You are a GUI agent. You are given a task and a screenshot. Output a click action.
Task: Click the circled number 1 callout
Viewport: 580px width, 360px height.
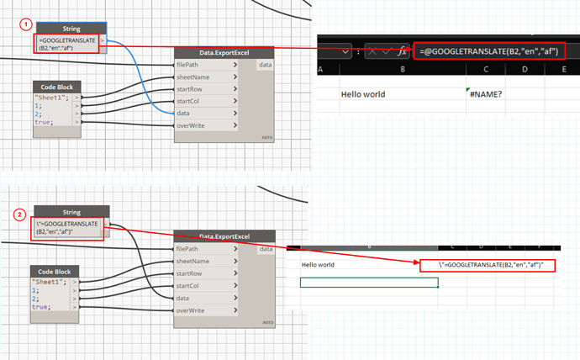coord(28,26)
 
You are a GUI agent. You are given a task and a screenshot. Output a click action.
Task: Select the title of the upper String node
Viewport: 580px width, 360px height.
coord(71,29)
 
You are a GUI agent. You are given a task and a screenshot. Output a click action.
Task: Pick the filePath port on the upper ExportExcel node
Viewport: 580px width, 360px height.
coord(187,64)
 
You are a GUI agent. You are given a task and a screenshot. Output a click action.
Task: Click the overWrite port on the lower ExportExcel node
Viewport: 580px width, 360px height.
coord(191,310)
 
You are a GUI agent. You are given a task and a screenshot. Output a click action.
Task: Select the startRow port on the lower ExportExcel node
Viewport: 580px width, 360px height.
coord(189,273)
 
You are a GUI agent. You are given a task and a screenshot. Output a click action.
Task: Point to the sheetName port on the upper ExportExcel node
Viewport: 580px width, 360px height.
coord(192,77)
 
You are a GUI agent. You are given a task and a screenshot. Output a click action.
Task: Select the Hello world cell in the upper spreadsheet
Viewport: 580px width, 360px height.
coord(363,94)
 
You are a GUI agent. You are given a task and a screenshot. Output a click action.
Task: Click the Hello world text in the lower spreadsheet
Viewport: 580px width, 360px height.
coord(318,265)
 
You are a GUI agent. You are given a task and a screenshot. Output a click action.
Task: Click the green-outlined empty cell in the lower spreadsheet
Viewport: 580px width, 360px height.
coord(369,282)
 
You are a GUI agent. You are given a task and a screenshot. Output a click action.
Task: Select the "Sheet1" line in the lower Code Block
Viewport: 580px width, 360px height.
coord(49,281)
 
